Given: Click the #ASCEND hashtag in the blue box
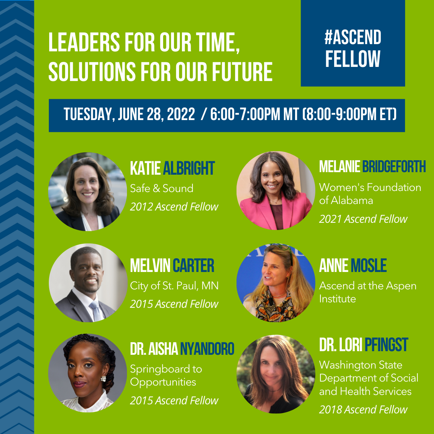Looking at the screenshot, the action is coord(353,37).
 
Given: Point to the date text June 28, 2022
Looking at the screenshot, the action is coord(156,114).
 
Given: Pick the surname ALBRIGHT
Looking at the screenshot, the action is coord(189,168).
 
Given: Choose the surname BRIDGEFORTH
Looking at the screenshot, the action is coord(394,166).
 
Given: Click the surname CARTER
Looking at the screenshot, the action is coord(193,265).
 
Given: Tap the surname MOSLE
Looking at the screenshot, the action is coord(369,265).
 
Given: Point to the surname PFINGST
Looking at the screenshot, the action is coord(386,344).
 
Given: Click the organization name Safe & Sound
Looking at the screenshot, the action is coord(162,188).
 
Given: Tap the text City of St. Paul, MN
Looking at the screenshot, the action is coord(174,286).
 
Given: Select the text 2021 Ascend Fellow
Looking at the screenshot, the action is coord(363,219).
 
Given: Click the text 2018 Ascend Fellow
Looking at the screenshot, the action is coord(363,409).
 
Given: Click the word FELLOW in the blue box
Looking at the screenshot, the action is coord(353,59).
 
